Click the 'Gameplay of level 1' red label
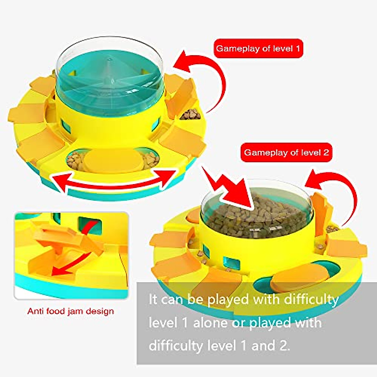click(258, 49)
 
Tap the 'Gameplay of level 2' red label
click(286, 153)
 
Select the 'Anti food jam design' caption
click(70, 311)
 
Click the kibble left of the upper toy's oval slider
click(74, 160)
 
